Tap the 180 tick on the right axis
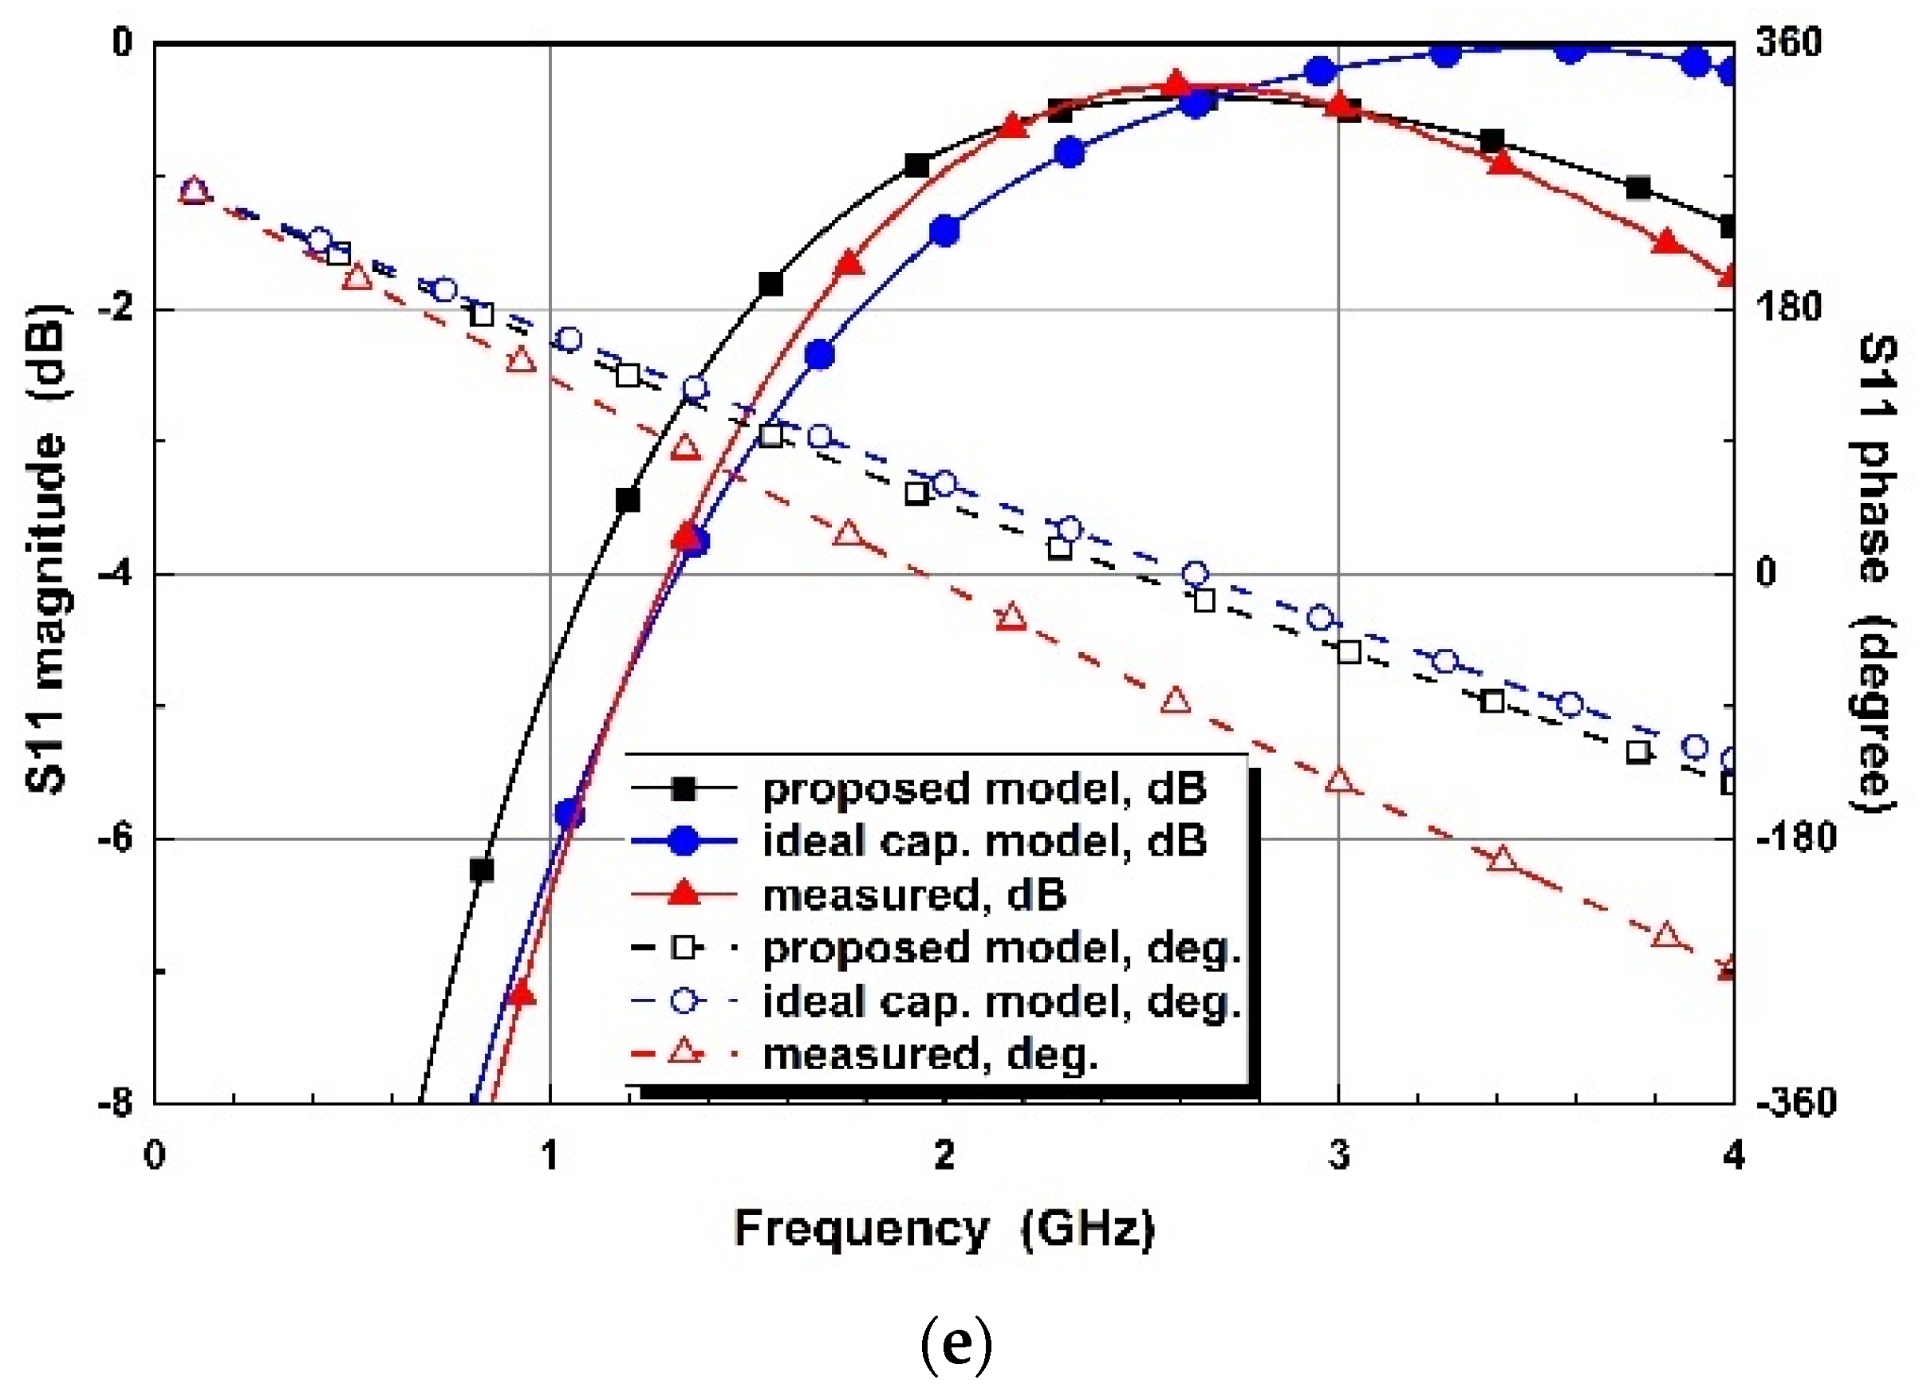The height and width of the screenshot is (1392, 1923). click(x=1789, y=308)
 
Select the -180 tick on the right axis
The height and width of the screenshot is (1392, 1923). click(x=1789, y=840)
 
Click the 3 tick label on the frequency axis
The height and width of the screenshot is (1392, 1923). click(x=1338, y=1155)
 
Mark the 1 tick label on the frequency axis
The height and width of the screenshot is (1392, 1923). click(x=550, y=1155)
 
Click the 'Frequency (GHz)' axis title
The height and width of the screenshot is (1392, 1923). click(x=944, y=1229)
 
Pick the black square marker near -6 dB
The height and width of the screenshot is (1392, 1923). click(x=482, y=871)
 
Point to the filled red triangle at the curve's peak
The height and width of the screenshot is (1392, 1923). click(x=1175, y=84)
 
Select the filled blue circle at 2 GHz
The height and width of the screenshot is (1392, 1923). click(x=944, y=230)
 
